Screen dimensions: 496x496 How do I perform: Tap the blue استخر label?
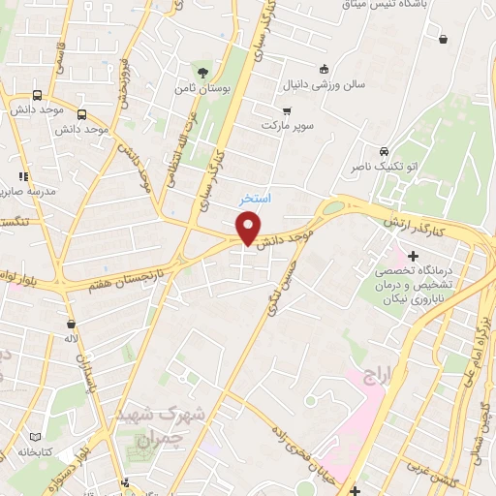(x=256, y=197)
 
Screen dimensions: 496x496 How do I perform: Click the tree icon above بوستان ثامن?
(x=202, y=72)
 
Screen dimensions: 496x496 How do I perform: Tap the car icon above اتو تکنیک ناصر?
(x=385, y=152)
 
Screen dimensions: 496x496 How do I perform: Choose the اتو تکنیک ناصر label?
(x=385, y=167)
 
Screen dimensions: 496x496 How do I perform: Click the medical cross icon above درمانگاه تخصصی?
(x=413, y=257)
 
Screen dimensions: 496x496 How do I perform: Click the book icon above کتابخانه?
(x=37, y=437)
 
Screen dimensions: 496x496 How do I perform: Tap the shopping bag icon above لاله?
(x=71, y=324)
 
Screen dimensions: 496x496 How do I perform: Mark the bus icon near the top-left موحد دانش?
(x=37, y=96)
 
